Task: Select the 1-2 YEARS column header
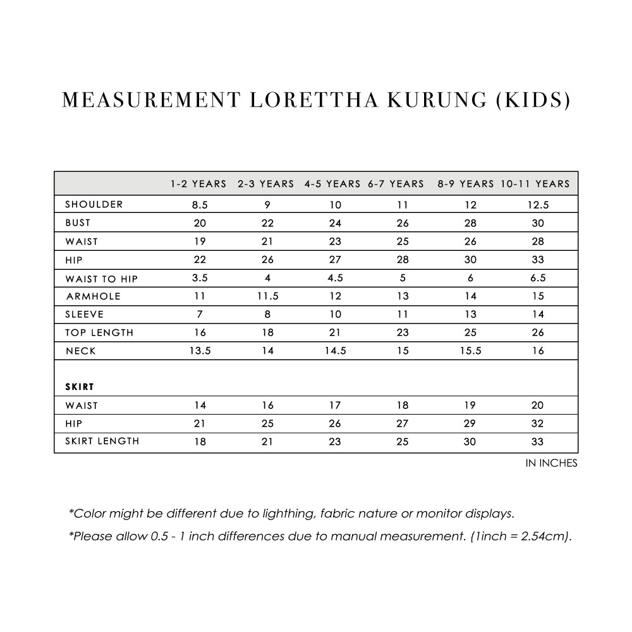(198, 184)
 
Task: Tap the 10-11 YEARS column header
(535, 184)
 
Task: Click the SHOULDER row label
(94, 204)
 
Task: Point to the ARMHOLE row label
(94, 296)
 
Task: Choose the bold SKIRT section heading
(80, 386)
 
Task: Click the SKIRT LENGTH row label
(102, 441)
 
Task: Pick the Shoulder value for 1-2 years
(200, 205)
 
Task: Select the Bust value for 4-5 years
(335, 223)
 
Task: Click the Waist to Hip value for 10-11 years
(538, 278)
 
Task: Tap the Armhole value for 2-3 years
(268, 296)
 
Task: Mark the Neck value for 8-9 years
(470, 351)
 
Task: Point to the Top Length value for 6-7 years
(403, 333)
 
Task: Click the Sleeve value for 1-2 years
(200, 315)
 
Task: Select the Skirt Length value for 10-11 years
(538, 442)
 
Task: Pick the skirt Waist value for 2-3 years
(268, 406)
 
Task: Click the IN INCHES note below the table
(551, 463)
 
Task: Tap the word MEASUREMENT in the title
(152, 100)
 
